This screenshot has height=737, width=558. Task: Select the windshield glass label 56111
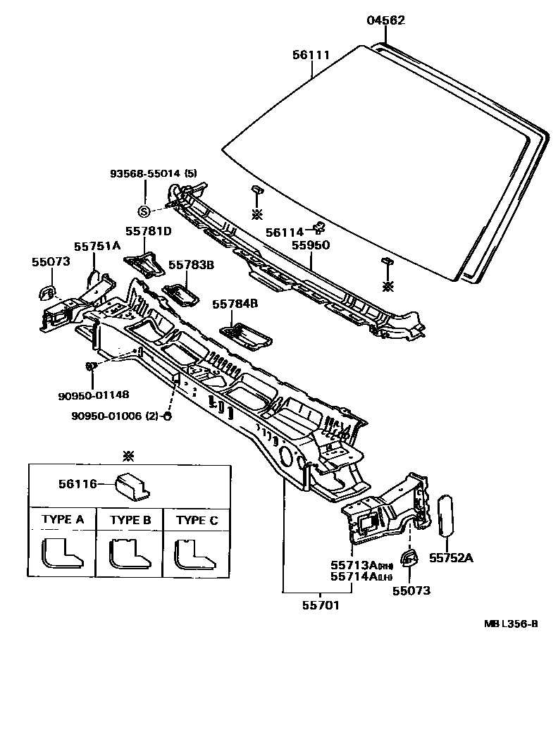click(x=311, y=54)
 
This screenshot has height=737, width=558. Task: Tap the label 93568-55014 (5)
click(x=153, y=173)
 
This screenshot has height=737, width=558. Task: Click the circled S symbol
click(x=144, y=211)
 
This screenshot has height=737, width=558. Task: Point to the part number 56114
click(x=284, y=232)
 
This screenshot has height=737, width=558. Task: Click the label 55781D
click(x=149, y=230)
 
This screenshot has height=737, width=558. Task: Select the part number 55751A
click(x=97, y=245)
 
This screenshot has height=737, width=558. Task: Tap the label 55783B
click(x=190, y=265)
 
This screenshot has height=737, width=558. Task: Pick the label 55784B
click(x=235, y=304)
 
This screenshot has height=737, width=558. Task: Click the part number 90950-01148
click(x=93, y=395)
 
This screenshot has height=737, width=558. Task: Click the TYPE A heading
click(x=63, y=520)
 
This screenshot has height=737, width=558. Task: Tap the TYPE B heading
click(x=130, y=520)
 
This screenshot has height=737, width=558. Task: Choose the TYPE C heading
click(x=197, y=520)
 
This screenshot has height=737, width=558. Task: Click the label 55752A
click(x=451, y=558)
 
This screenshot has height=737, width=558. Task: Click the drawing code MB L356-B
click(x=511, y=624)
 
